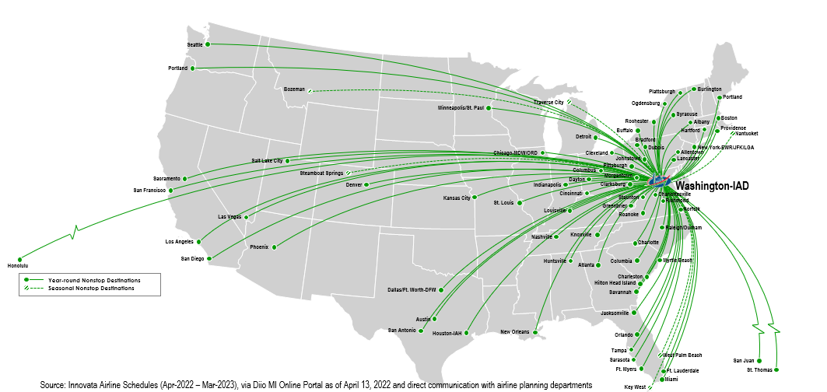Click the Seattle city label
click(x=194, y=44)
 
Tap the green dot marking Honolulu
click(x=20, y=259)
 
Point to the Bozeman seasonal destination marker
click(x=310, y=90)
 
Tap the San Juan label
click(x=743, y=360)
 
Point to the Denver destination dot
click(x=366, y=184)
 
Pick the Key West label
click(x=634, y=387)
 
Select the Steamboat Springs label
click(x=322, y=173)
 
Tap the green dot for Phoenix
click(x=274, y=247)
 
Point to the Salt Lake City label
click(x=267, y=160)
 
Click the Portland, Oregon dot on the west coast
click(x=194, y=68)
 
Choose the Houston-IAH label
click(x=447, y=334)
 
